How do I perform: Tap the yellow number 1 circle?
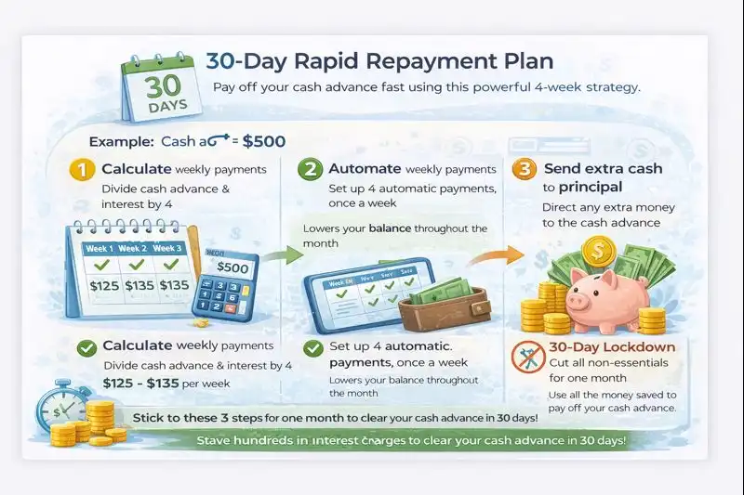point(81,170)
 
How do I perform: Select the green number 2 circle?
point(310,170)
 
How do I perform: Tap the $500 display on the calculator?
point(232,267)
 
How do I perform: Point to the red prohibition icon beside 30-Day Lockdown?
point(527,358)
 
